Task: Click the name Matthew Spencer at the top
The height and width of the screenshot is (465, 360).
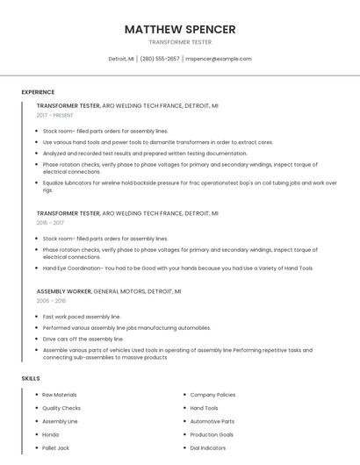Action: point(180,29)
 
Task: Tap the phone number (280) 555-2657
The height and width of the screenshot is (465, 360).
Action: point(159,59)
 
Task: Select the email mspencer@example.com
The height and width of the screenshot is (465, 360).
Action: point(219,59)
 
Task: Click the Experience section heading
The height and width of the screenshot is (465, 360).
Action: point(38,92)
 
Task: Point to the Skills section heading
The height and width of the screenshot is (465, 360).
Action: point(31,378)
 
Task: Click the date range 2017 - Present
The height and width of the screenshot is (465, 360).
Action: point(55,115)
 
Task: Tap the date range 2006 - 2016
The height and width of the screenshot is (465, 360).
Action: point(52,300)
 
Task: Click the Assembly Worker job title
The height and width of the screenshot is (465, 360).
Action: point(64,290)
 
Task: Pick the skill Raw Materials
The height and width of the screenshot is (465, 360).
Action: point(60,395)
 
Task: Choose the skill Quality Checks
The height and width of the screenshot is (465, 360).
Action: point(61,408)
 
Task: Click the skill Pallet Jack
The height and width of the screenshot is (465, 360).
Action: point(57,447)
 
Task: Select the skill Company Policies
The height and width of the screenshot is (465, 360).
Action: point(212,395)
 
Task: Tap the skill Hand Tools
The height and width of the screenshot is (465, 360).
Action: point(205,408)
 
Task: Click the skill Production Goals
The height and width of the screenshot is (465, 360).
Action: point(212,434)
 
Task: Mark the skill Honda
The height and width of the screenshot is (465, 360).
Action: point(51,434)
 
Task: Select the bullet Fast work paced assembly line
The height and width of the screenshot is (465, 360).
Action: point(82,316)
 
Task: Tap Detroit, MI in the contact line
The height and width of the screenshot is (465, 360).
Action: point(121,59)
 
